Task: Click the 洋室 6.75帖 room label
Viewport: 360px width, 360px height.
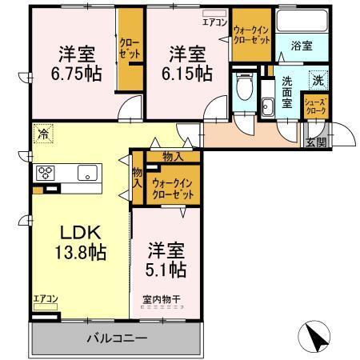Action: tap(78, 64)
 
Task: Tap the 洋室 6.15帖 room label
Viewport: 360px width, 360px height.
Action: tap(190, 64)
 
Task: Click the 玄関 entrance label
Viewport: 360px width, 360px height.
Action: tap(316, 142)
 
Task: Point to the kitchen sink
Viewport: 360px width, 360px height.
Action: tap(86, 172)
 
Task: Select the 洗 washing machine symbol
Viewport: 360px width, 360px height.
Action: tap(318, 80)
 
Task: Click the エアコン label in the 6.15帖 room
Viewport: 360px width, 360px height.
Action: tap(214, 22)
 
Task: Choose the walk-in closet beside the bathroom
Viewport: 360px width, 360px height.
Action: tap(251, 38)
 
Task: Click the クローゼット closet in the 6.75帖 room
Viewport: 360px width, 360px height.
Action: tap(130, 48)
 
